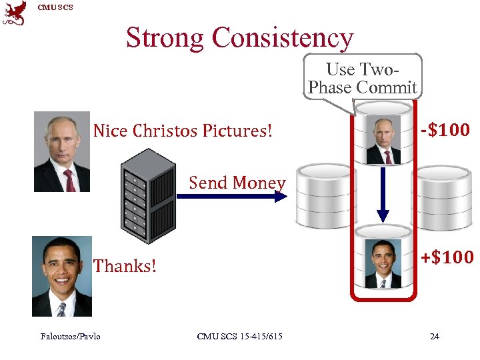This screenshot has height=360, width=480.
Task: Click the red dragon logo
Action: (x=15, y=13)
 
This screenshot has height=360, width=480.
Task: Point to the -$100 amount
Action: (x=445, y=129)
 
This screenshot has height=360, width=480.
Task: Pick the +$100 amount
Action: (x=447, y=257)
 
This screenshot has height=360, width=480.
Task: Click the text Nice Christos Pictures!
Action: (x=183, y=131)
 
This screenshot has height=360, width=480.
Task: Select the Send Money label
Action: (x=237, y=182)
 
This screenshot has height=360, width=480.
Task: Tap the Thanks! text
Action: (x=125, y=266)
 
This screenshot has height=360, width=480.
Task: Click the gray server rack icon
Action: (x=149, y=194)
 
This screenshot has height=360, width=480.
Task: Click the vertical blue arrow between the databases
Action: (x=383, y=193)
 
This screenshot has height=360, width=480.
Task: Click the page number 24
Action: (x=434, y=336)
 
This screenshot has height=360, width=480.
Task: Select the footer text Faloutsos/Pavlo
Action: (x=70, y=336)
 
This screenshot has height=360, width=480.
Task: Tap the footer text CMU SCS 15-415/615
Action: (x=239, y=336)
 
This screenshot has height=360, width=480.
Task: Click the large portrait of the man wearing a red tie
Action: (x=61, y=152)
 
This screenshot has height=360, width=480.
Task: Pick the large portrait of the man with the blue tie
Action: (x=61, y=277)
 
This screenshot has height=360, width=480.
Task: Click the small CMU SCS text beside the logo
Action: (x=55, y=7)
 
